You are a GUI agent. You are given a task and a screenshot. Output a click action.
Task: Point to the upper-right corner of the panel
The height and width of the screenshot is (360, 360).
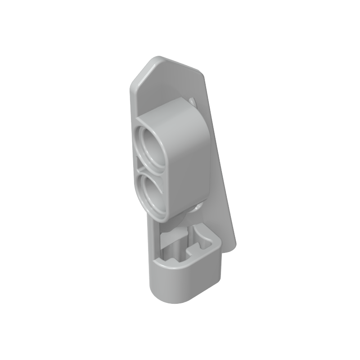(x=201, y=72)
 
